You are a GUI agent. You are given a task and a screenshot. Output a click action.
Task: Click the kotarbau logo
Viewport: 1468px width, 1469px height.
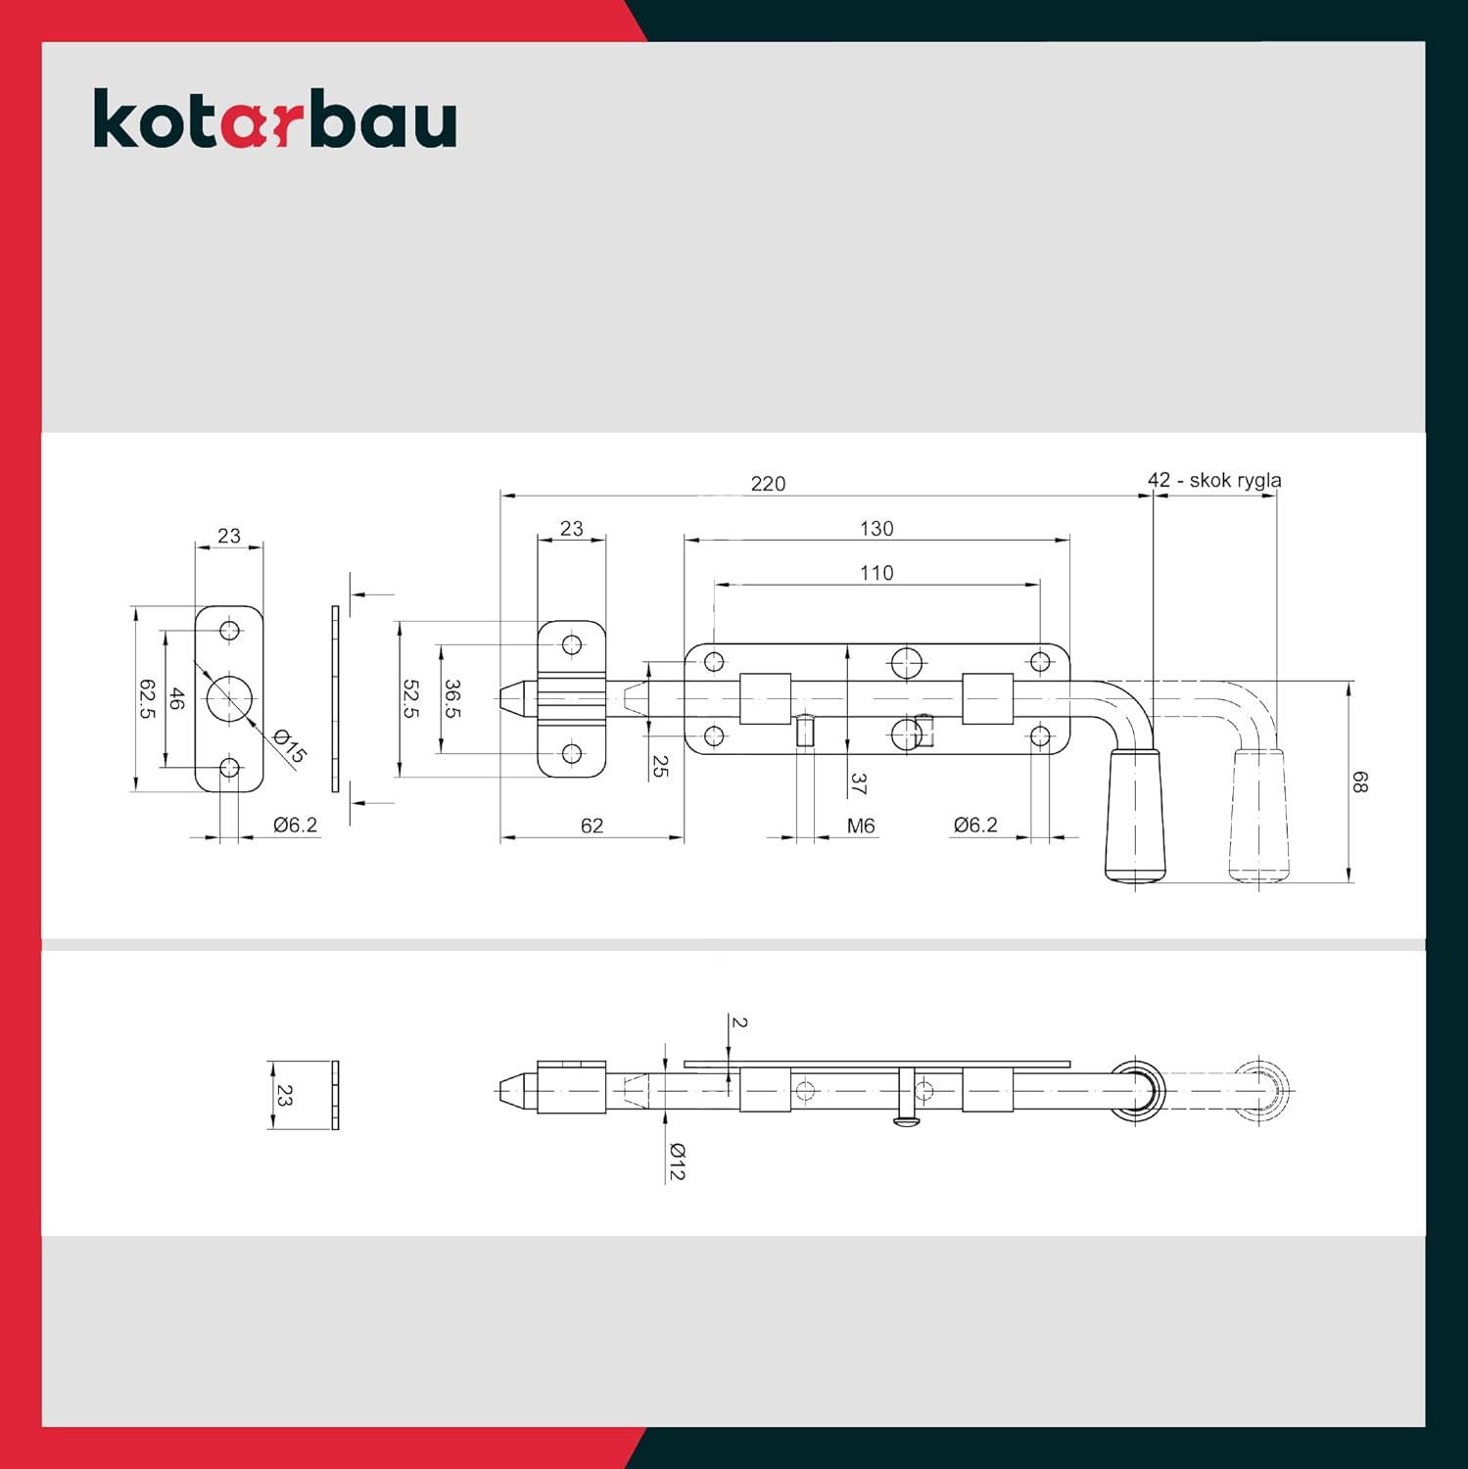[x=275, y=118]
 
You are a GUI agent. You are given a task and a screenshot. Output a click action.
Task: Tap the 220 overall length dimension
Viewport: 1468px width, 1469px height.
[x=768, y=484]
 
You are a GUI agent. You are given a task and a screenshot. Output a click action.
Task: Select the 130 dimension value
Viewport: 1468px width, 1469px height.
[x=876, y=529]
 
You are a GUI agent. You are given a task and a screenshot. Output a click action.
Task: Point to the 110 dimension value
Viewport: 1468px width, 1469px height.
[x=876, y=573]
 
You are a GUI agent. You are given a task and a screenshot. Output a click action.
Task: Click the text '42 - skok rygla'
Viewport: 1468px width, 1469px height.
[x=1214, y=480]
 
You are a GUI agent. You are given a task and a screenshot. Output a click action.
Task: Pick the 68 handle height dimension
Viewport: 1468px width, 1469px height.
[x=1359, y=782]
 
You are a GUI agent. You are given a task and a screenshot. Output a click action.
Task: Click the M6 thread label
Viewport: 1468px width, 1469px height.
[x=861, y=826]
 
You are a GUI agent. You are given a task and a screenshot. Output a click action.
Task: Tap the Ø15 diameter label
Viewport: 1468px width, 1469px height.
[x=290, y=746]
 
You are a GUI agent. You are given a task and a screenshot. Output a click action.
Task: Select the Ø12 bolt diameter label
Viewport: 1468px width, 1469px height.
[x=677, y=1161]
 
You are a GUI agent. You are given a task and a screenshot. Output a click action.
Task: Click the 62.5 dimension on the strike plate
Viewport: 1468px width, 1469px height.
[x=147, y=699]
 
